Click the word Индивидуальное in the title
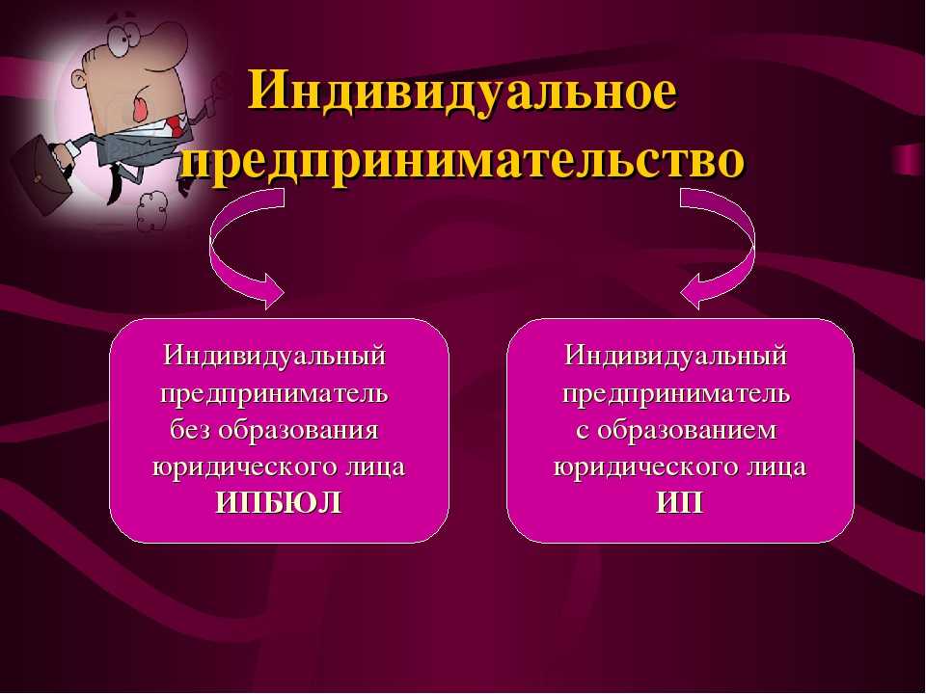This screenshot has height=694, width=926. point(462,93)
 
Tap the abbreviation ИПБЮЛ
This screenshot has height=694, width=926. point(279,503)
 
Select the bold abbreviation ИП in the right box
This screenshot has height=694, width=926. point(680,503)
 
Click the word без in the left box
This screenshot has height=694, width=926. point(190,430)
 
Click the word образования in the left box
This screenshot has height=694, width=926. point(298,430)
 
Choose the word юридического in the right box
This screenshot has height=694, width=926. point(637,467)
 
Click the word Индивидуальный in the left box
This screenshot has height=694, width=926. point(275,356)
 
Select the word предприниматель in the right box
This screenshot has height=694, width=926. point(676,393)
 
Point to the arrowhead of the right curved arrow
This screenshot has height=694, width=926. point(695,291)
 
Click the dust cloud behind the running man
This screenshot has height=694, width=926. point(152,211)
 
